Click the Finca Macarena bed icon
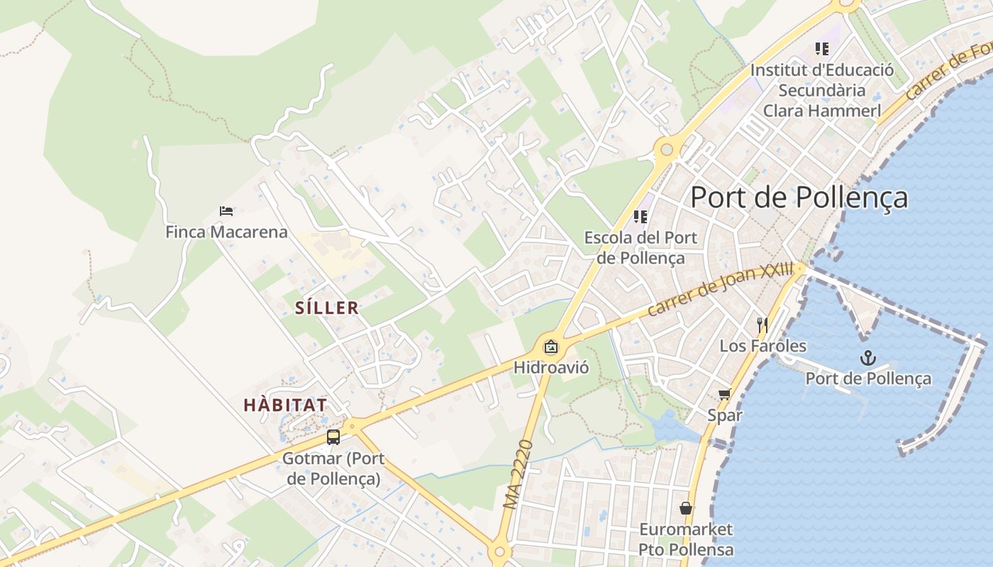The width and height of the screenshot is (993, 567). click(x=226, y=211)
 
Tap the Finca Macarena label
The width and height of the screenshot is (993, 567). click(x=226, y=232)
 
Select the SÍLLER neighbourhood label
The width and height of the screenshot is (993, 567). click(x=327, y=308)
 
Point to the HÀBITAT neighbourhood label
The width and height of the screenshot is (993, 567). click(x=285, y=405)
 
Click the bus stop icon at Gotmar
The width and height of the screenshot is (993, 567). click(x=333, y=437)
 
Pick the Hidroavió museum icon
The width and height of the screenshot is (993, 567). click(x=550, y=347)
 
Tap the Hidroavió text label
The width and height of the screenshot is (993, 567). click(x=550, y=367)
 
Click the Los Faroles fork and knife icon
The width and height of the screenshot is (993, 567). click(x=762, y=325)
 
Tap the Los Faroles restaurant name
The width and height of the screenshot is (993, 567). click(x=762, y=346)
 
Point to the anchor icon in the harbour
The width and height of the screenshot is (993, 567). click(x=868, y=358)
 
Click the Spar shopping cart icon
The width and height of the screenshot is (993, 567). click(x=724, y=395)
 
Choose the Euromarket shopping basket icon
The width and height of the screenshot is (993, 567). click(x=685, y=508)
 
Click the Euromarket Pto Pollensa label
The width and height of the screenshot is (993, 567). click(x=685, y=539)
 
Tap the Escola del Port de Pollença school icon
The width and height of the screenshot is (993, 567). click(x=640, y=217)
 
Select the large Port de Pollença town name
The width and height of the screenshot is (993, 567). click(x=799, y=197)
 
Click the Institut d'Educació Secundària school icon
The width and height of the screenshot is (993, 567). click(x=822, y=49)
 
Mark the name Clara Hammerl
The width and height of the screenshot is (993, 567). click(x=822, y=111)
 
